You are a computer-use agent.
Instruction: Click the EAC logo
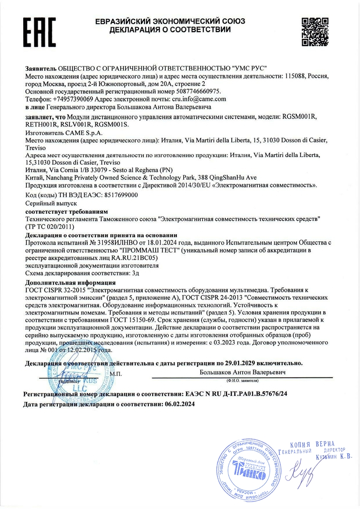pos(40,31)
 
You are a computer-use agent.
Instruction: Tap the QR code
pos(315,31)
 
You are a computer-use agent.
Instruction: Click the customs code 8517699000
pos(118,196)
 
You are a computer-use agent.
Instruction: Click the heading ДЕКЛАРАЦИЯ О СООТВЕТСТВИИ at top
pos(170,30)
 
